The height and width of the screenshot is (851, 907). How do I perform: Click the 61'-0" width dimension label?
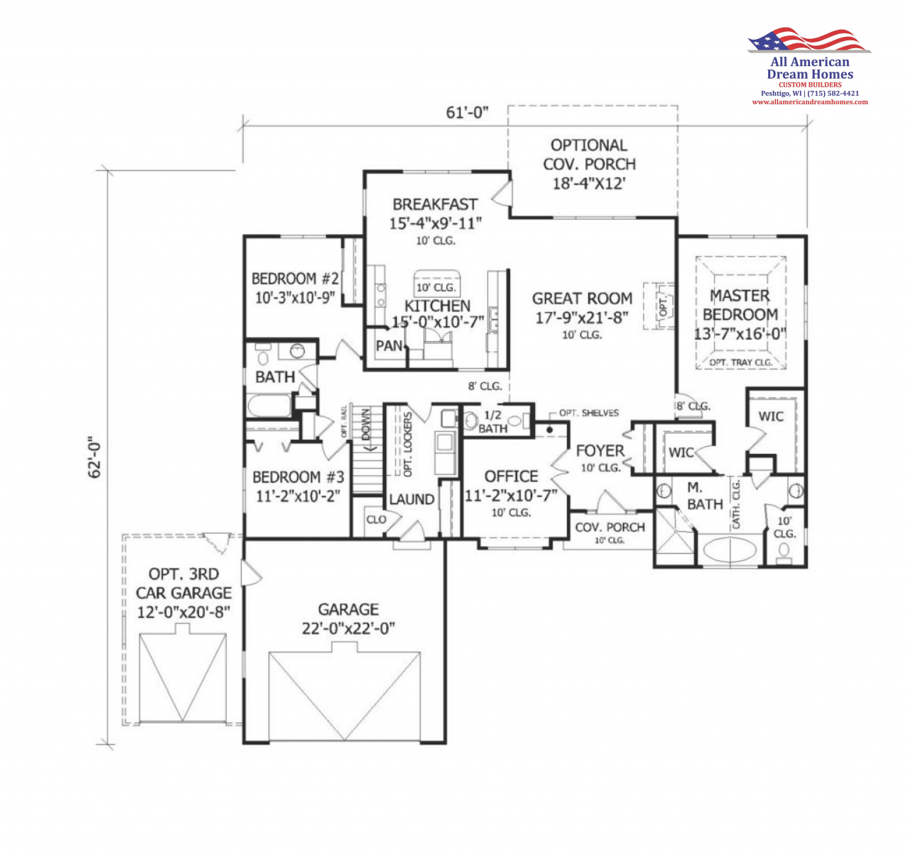467,112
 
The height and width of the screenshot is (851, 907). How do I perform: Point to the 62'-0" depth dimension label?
94,460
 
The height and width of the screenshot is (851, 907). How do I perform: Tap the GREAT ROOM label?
582,299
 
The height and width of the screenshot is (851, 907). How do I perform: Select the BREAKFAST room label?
435,204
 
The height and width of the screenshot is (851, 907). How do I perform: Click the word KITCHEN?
437,306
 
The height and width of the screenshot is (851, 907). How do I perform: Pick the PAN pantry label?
388,346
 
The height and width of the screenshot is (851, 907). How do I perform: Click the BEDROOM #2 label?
295,278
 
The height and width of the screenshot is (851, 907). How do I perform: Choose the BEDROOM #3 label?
298,477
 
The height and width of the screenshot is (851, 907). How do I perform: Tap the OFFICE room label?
511,477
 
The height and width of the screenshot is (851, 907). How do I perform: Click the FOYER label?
600,451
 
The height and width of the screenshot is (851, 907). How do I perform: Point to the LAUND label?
412,499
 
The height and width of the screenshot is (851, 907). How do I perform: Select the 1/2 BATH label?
492,422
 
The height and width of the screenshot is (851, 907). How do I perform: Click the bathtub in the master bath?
730,549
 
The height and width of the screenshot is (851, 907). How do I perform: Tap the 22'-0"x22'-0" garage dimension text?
349,629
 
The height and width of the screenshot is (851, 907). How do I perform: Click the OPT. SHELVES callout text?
589,413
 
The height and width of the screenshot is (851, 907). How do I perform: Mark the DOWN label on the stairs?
366,425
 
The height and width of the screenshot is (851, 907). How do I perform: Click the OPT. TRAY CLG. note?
740,362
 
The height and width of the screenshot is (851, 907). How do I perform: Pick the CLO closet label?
376,520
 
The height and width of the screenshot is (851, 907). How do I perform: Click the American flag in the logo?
809,40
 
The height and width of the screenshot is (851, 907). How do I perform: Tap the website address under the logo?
810,102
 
